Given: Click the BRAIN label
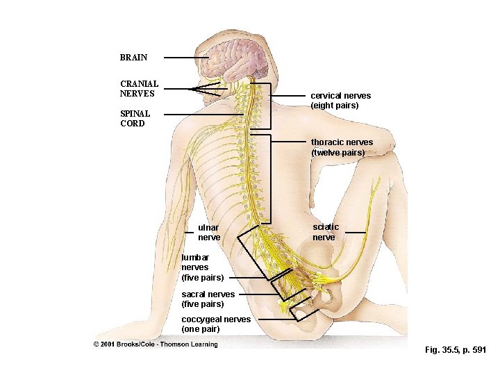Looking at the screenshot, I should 133,58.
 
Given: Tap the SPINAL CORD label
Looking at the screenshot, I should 133,119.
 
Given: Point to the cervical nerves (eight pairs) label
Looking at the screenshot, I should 340,101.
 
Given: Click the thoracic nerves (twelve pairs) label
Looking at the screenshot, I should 342,147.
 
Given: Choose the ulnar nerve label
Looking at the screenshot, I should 209,233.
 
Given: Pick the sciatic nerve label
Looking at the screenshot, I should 326,232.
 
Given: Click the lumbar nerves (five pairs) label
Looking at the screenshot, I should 202,267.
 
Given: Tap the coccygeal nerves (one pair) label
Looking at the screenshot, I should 216,324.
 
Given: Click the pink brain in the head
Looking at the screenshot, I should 240,56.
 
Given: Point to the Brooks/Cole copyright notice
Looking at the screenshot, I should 156,344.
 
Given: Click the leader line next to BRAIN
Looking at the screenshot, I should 190,58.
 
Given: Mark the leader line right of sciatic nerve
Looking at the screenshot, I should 356,232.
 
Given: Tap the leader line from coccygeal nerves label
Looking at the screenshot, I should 274,319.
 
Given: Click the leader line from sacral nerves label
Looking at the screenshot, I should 260,294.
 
